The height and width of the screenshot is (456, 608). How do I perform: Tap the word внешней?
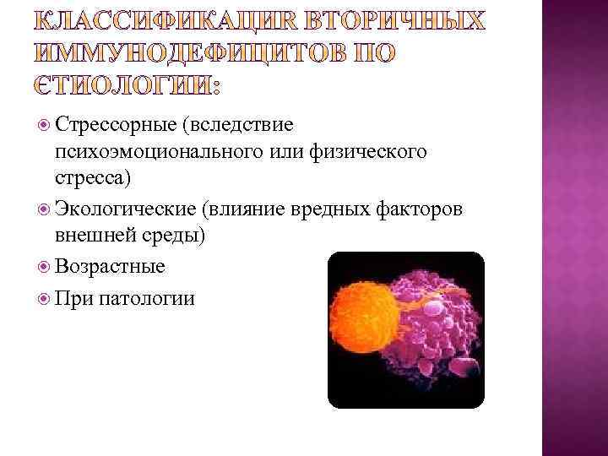click(x=92, y=235)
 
